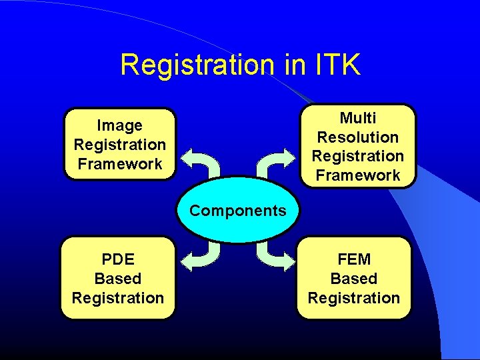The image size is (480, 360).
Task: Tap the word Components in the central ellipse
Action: tap(237, 211)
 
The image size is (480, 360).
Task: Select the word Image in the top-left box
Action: tap(120, 125)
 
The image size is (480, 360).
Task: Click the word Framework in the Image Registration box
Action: tap(120, 164)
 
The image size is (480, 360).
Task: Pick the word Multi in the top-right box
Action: tap(358, 118)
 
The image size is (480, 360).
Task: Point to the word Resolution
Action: tap(358, 137)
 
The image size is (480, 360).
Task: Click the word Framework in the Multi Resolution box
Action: tap(358, 175)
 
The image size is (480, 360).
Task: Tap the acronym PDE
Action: tap(118, 259)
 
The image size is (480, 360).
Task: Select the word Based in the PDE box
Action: tap(118, 279)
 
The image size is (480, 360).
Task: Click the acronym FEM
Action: tap(354, 259)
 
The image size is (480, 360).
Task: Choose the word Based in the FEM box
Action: tap(354, 279)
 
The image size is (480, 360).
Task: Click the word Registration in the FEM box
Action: tap(354, 298)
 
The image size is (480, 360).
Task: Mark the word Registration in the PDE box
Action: tap(118, 298)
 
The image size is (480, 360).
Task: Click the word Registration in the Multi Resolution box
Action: tap(358, 156)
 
